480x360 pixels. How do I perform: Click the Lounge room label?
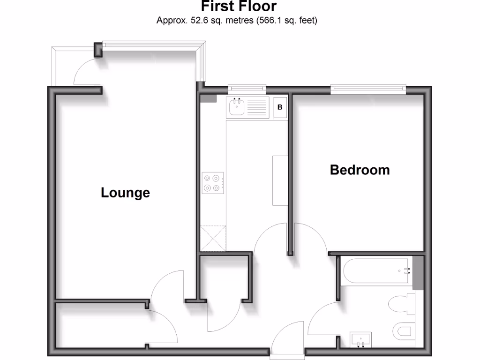click(125, 193)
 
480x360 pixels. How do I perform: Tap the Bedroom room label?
click(360, 170)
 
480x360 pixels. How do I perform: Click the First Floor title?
click(239, 7)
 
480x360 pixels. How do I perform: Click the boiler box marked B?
click(280, 107)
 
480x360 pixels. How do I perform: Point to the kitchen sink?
click(235, 108)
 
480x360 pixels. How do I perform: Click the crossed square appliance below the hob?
click(212, 238)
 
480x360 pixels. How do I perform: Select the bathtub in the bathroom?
click(377, 270)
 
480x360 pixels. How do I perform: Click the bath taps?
click(406, 270)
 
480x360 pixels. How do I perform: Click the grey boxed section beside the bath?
click(418, 273)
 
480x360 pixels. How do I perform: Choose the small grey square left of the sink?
click(208, 98)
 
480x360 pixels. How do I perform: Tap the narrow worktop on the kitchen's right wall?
click(280, 180)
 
